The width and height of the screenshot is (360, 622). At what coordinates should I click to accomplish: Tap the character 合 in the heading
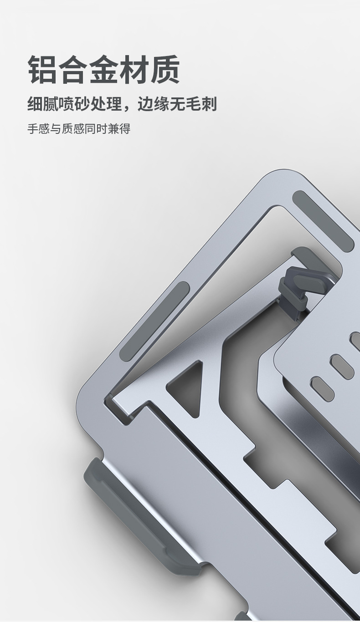[x=73, y=69]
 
